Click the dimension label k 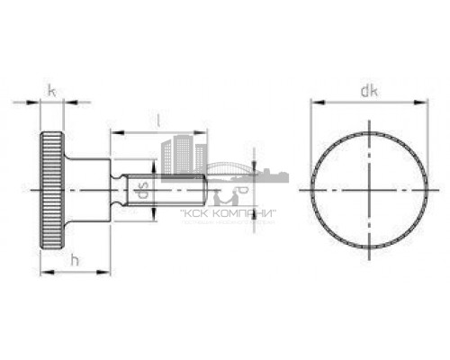pyautogui.click(x=51, y=91)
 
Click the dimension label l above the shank pyautogui.click(x=159, y=119)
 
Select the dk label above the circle pyautogui.click(x=367, y=91)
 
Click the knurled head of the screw pyautogui.click(x=52, y=190)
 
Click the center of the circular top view pyautogui.click(x=369, y=191)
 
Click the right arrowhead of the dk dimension pyautogui.click(x=423, y=103)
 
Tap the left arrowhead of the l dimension pyautogui.click(x=114, y=131)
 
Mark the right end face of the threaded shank pyautogui.click(x=209, y=190)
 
